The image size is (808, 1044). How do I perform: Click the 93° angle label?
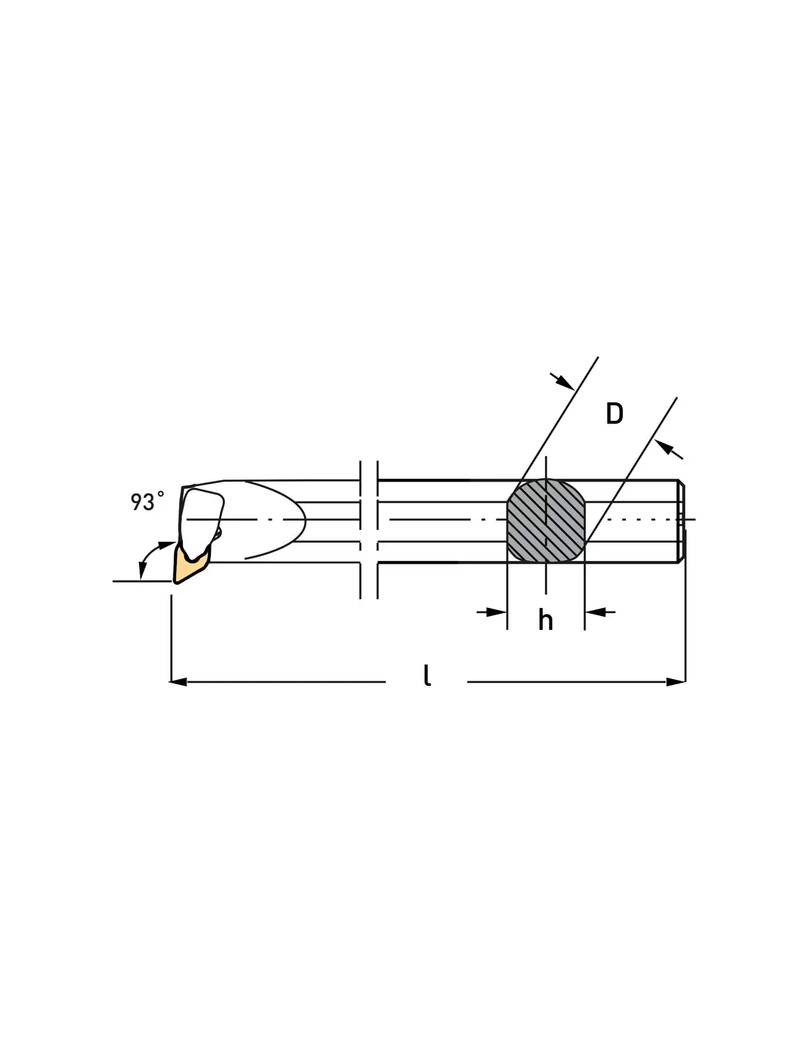tap(147, 501)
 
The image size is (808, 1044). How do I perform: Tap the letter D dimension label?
tap(614, 413)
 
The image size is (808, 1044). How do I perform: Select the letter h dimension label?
tap(546, 620)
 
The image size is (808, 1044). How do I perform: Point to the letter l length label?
tap(427, 675)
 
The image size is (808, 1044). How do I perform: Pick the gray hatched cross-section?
tap(546, 521)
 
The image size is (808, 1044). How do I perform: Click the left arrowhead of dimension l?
tap(178, 682)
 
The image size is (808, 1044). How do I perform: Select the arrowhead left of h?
tap(497, 612)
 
